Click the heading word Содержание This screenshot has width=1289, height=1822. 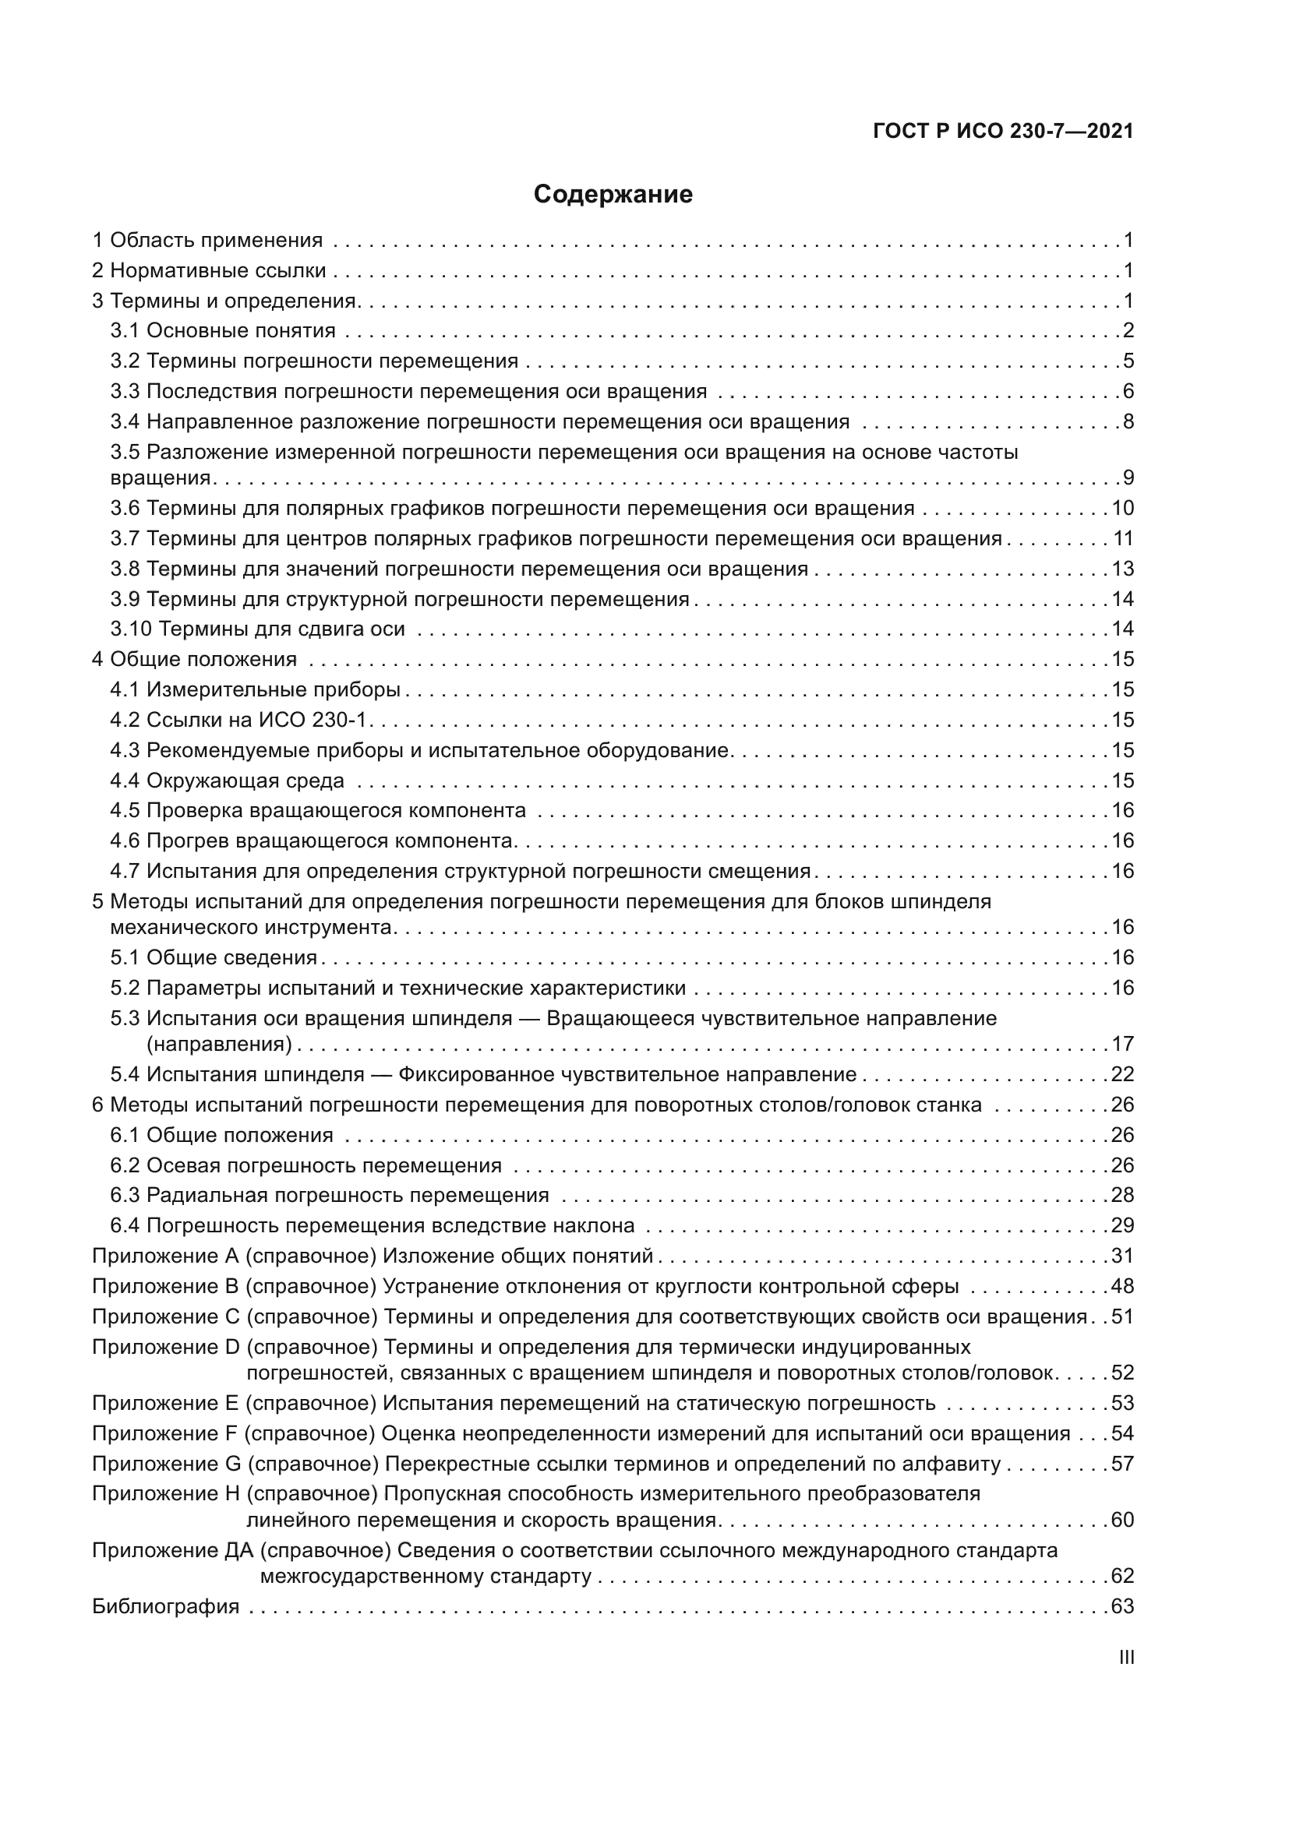pos(613,195)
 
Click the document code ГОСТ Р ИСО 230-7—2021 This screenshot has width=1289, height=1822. pos(1003,131)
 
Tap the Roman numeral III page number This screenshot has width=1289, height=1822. pos(1125,1658)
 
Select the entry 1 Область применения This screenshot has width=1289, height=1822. pos(207,241)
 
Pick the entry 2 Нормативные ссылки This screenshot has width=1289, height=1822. pos(209,270)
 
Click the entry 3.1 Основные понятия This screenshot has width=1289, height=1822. pos(223,331)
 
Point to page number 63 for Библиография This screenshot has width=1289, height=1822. pos(1122,1607)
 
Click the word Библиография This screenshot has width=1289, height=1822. pos(166,1607)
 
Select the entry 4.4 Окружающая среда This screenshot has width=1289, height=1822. pos(227,781)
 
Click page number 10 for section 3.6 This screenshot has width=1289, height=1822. pos(1122,509)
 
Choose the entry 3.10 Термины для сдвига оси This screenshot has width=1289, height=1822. pos(257,629)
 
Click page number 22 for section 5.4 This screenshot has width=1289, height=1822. pos(1122,1074)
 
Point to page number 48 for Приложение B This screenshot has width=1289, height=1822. pos(1122,1286)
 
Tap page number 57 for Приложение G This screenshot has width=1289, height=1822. pos(1122,1464)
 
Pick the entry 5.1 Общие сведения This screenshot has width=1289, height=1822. pos(214,958)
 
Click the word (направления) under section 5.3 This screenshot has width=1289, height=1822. pos(219,1044)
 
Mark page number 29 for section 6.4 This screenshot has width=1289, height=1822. pos(1122,1226)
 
